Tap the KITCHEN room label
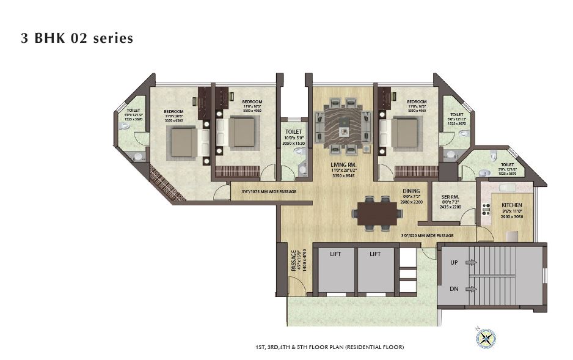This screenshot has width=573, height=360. point(511,205)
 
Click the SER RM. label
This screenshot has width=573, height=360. point(450,197)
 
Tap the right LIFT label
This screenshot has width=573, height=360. point(374,253)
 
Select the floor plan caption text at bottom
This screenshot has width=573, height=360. point(330,347)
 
